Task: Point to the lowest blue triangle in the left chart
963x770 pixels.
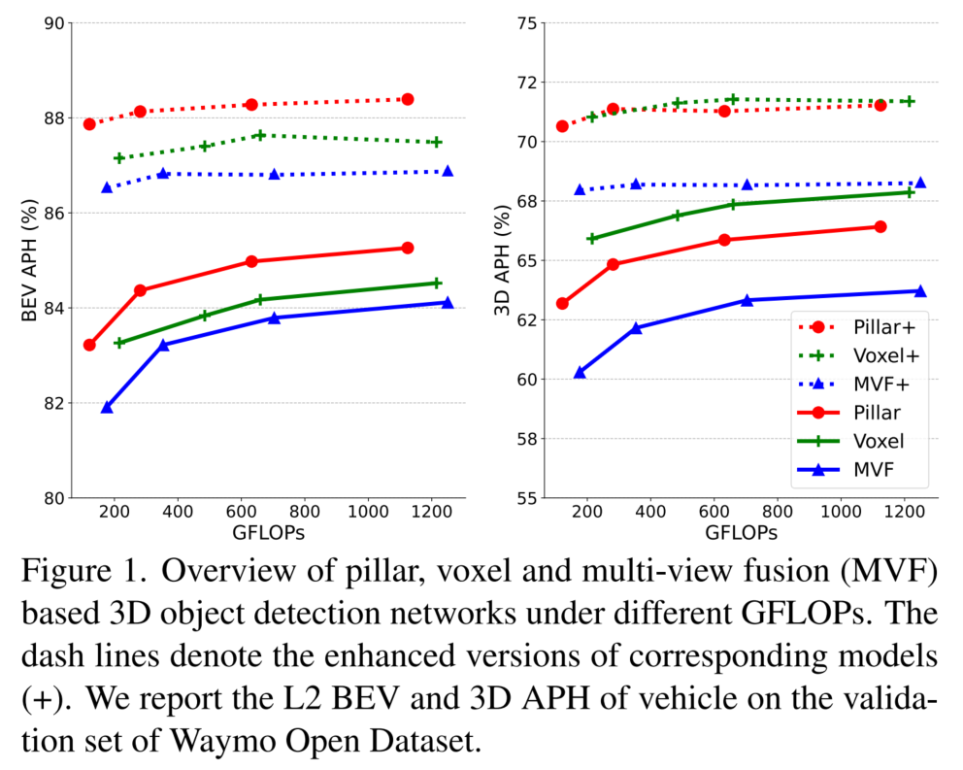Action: click(107, 408)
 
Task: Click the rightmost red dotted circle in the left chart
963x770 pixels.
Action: click(408, 99)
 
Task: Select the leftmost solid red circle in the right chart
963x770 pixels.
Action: click(562, 303)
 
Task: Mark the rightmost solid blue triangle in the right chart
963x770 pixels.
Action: click(920, 290)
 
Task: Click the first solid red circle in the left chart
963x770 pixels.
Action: click(89, 345)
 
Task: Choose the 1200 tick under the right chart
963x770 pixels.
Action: click(904, 513)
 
